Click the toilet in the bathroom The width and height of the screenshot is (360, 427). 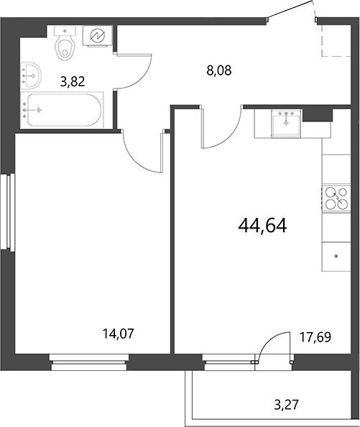66,46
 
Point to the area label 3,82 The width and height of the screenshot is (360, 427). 73,82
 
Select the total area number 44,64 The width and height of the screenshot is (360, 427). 262,226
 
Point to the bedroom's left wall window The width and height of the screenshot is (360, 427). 9,212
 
